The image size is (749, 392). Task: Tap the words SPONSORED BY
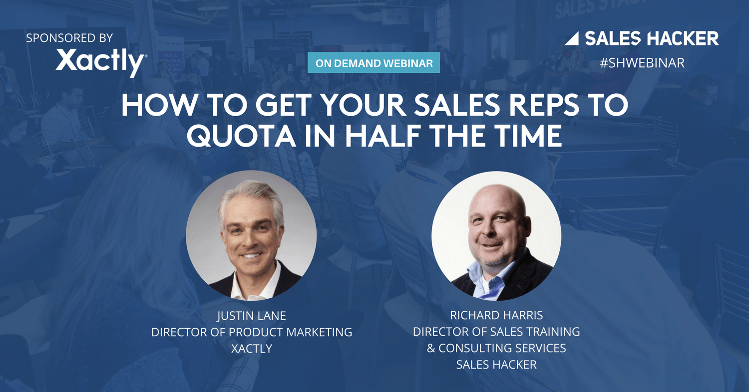(70, 37)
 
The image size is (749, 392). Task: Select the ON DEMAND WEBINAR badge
(374, 63)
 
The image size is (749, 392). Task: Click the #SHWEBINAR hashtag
(642, 63)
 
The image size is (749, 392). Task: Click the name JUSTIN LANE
(252, 316)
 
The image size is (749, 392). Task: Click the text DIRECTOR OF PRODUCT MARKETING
(252, 332)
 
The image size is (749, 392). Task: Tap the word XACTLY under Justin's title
(252, 348)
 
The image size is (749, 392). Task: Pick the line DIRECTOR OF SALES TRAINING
(496, 331)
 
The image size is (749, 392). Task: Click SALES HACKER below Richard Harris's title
(496, 365)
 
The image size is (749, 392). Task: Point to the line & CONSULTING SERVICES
(496, 348)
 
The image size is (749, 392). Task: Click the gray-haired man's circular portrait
(251, 235)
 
